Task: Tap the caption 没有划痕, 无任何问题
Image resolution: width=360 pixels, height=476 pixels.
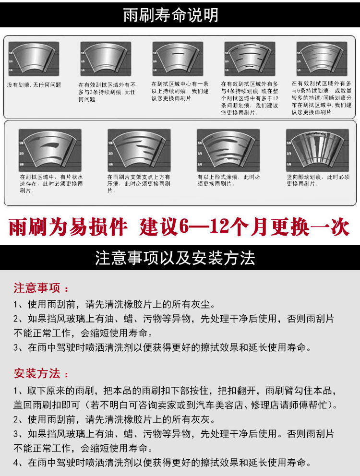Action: (x=34, y=85)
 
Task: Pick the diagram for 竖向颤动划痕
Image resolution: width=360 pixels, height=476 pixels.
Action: (x=317, y=148)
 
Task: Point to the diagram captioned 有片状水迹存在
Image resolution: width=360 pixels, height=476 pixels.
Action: (x=49, y=148)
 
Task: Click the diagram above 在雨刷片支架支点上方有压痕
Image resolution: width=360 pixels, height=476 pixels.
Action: (x=139, y=148)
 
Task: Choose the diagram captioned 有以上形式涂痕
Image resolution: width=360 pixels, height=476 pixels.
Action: (x=228, y=148)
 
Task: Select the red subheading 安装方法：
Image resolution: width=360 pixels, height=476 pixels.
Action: (x=41, y=373)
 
